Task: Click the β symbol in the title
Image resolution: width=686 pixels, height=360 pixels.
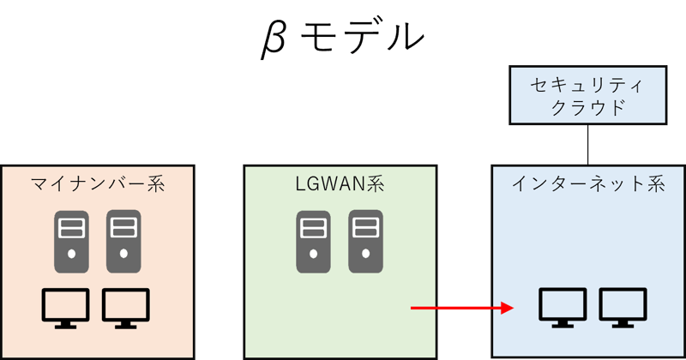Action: click(x=274, y=39)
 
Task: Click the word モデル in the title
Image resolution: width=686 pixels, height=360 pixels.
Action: click(x=364, y=38)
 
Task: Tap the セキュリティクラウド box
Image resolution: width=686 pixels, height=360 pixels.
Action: click(x=588, y=96)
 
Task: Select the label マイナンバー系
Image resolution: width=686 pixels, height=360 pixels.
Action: click(x=97, y=183)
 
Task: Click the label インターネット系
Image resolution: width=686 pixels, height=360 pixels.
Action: click(x=588, y=183)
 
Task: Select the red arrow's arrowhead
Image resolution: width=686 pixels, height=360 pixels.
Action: click(x=507, y=308)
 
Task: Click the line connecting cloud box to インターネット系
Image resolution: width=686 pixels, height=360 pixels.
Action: click(x=588, y=145)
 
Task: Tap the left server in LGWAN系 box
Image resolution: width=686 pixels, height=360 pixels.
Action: click(x=312, y=242)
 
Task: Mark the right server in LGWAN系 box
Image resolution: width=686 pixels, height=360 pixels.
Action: click(x=364, y=242)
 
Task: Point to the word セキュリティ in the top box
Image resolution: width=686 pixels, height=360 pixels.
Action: click(x=588, y=85)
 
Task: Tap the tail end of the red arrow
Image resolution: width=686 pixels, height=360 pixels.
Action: click(x=414, y=308)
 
